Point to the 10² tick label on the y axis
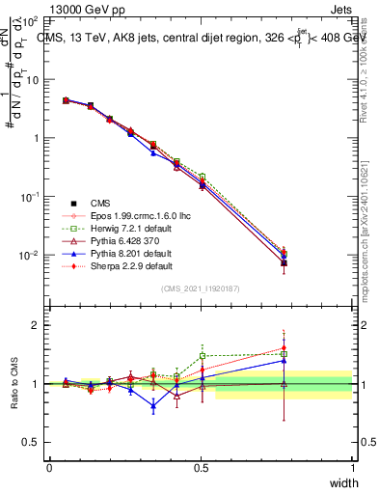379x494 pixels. [31, 20]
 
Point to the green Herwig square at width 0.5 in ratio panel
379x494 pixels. [202, 355]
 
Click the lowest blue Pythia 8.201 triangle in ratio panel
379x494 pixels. [153, 406]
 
